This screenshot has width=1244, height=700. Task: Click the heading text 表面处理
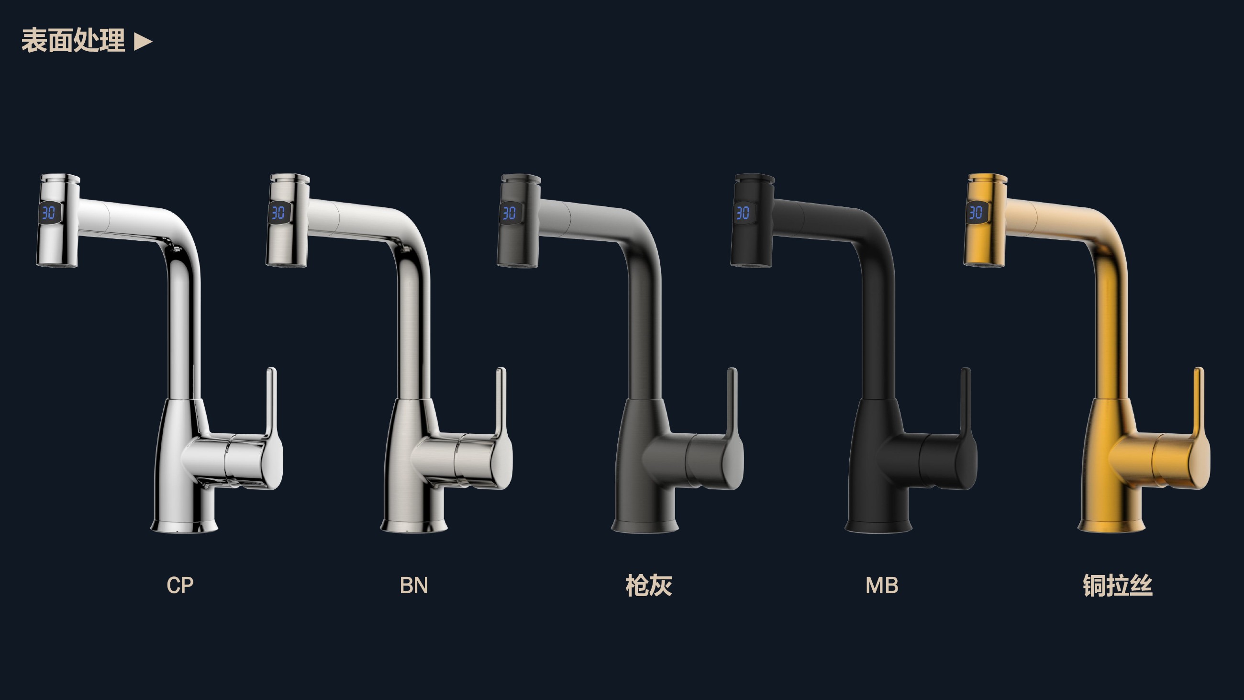coord(73,41)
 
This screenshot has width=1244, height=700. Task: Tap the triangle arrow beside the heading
coord(143,42)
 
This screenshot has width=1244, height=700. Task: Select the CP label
coord(180,585)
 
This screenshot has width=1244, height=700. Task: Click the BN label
coord(414,585)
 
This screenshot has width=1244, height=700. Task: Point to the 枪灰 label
coord(649,586)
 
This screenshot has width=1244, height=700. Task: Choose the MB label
coord(882,585)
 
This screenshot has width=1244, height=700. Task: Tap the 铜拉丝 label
coord(1118,586)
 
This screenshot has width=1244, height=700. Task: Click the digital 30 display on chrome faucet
coord(49,212)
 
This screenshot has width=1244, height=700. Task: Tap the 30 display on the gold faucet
coord(976,212)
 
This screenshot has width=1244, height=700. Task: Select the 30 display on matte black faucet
coord(743,212)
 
